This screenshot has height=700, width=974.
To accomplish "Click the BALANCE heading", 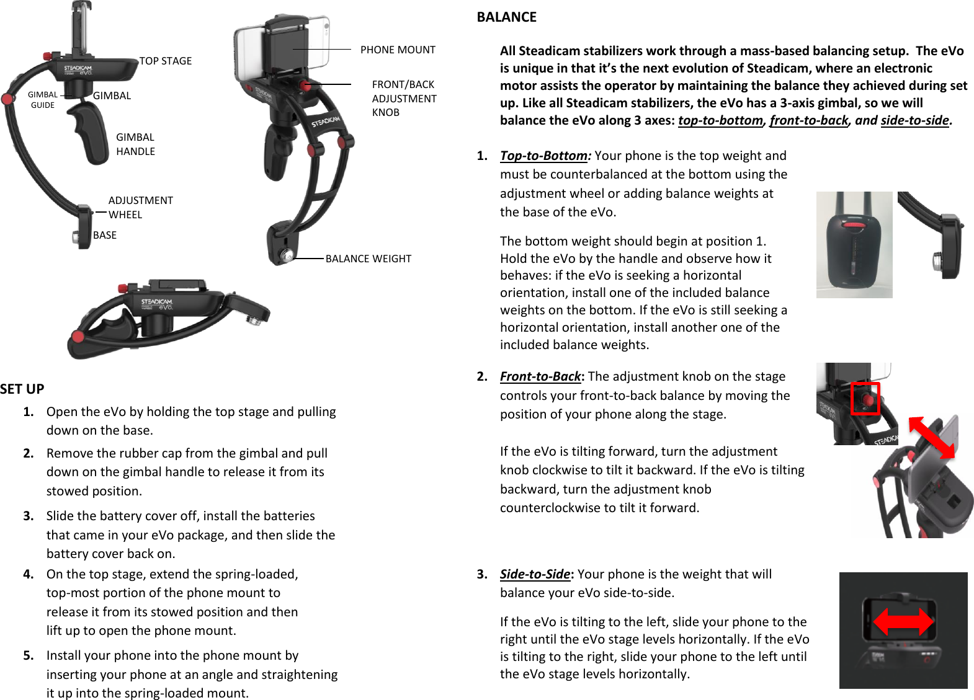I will (506, 17).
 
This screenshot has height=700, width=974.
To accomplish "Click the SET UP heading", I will (22, 389).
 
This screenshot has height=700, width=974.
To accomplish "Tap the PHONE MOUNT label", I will (398, 50).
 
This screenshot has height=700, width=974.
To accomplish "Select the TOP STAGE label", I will (165, 61).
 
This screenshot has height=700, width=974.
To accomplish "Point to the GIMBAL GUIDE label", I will (42, 100).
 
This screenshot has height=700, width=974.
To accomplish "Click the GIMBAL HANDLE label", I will (135, 144).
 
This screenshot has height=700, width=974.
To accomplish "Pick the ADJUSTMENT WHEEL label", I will (140, 207).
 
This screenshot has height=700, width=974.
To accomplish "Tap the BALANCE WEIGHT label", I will (368, 259).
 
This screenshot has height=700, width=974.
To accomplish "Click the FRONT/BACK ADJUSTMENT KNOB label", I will (404, 98).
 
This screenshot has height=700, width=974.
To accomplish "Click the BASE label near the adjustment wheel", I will (105, 235).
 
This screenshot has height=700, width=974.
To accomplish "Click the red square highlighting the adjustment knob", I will (865, 398).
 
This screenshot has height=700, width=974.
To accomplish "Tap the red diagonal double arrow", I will (931, 437).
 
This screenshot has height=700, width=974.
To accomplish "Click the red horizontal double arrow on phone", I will (903, 621).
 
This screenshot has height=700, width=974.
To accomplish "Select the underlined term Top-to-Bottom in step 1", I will (543, 156).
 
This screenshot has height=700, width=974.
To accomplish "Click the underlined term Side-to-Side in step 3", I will (535, 574).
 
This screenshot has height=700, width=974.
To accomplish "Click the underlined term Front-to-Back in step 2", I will (540, 376).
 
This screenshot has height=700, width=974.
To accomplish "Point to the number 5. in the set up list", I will (29, 655).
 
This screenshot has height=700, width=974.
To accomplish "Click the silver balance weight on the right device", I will (287, 255).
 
